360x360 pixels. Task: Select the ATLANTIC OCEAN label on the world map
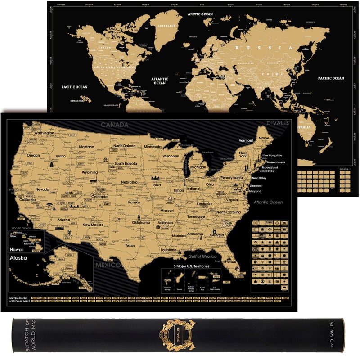[x=160, y=80]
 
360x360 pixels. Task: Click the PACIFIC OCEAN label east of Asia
[x=331, y=78]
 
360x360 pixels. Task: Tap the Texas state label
[x=130, y=246]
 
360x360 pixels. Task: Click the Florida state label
[x=231, y=261]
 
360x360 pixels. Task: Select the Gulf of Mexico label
[x=202, y=256]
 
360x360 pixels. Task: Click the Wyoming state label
[x=90, y=172]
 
